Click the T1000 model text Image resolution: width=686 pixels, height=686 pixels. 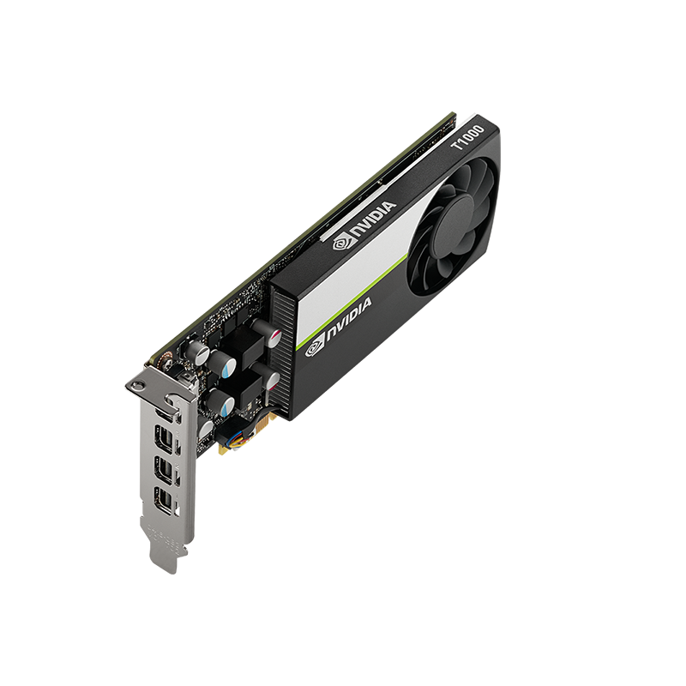[468, 137]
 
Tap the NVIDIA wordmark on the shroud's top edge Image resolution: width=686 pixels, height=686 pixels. [374, 220]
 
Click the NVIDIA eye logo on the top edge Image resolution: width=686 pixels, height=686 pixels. [342, 242]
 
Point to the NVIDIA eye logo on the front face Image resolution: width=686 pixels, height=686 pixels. [315, 348]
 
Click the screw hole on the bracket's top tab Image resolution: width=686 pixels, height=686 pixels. [139, 385]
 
